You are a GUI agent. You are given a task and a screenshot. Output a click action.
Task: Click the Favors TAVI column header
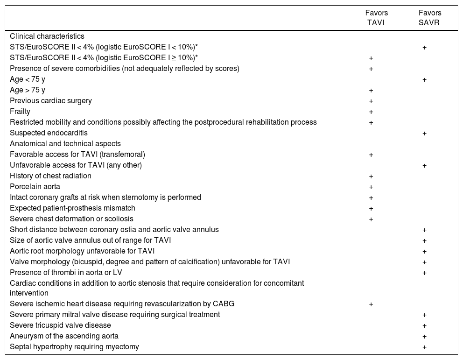[x=376, y=18]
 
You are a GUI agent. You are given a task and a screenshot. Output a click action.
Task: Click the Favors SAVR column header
[x=429, y=18]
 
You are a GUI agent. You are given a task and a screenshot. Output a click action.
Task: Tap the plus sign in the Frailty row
[x=371, y=112]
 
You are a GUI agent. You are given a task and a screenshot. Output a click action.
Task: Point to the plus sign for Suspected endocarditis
[x=424, y=134]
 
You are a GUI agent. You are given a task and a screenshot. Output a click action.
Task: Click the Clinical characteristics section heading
[x=47, y=36]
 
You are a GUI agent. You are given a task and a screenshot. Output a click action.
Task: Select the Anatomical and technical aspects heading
[x=65, y=144]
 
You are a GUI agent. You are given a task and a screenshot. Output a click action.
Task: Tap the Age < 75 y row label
[x=28, y=79]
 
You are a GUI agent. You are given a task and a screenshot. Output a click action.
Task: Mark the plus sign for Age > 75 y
[x=371, y=91]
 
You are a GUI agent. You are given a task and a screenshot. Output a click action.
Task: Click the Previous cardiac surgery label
[x=51, y=101]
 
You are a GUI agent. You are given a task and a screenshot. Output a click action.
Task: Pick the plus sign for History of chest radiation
[x=371, y=176]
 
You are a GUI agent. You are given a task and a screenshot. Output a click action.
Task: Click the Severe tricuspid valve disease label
[x=60, y=325]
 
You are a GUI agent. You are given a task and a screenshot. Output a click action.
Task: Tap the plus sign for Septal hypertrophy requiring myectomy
[x=424, y=347]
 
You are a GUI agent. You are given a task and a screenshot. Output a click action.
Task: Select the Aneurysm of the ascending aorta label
[x=64, y=336]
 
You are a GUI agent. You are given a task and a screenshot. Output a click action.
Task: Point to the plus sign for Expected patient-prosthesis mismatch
[x=371, y=209]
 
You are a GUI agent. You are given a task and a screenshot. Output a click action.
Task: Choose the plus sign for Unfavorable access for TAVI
[x=424, y=166]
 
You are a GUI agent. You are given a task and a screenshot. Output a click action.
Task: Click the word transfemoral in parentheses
[x=122, y=155]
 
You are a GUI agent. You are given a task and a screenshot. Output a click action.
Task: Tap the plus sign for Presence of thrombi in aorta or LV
[x=424, y=273]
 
